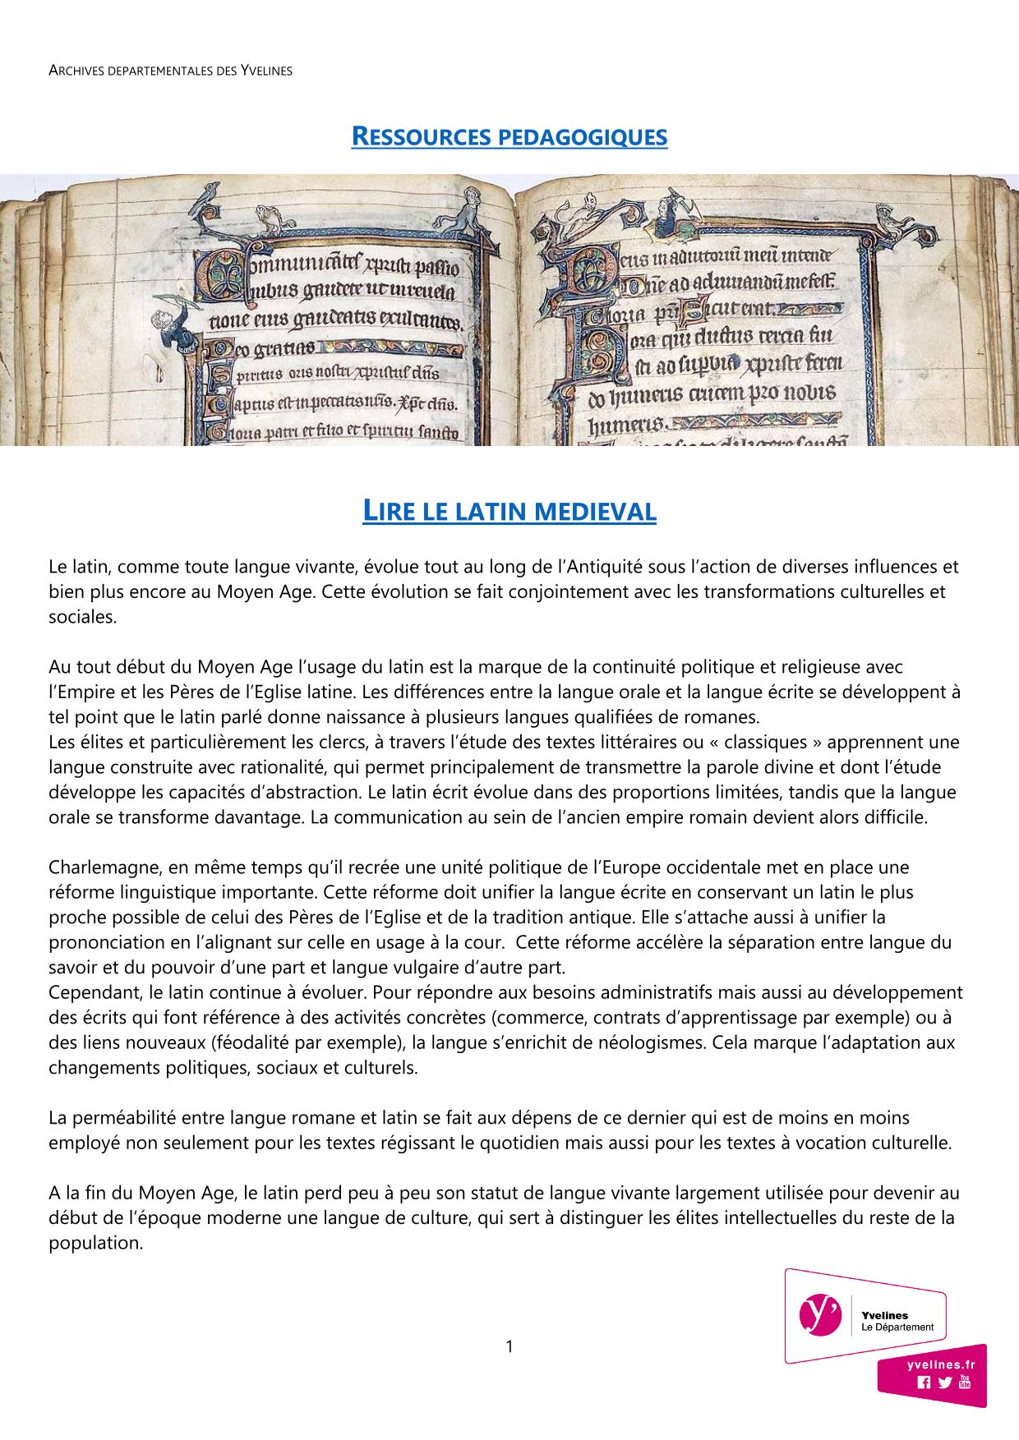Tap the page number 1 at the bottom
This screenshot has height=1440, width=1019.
pos(509,1346)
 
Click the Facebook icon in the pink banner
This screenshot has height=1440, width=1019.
pos(924,1382)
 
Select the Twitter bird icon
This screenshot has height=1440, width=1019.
pos(945,1382)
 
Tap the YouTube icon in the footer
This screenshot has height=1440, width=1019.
pos(965,1381)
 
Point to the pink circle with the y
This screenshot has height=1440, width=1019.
pos(819,1314)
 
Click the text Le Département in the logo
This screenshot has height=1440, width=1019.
pos(897,1327)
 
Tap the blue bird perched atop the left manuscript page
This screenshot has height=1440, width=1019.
pos(211,194)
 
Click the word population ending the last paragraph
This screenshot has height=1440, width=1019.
pos(95,1243)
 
